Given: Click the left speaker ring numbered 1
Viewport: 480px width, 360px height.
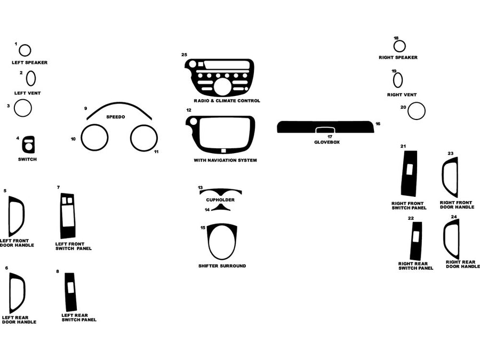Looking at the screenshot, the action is tap(25, 50).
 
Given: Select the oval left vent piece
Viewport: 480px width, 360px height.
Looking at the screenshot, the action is tap(31, 78).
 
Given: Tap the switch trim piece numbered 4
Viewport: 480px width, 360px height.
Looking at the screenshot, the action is tap(28, 144).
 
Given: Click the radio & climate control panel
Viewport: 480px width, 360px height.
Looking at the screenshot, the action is tap(220, 78).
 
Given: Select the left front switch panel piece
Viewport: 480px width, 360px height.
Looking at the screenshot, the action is tap(68, 215).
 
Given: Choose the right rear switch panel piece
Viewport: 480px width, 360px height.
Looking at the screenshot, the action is tap(416, 241).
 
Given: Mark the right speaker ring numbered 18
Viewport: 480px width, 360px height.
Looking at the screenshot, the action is tap(399, 46).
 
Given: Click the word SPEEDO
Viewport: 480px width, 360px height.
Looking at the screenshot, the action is tap(116, 117).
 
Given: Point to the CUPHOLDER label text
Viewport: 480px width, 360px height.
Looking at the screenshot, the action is tap(220, 200).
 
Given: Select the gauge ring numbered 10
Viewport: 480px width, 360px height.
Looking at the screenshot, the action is tap(95, 137).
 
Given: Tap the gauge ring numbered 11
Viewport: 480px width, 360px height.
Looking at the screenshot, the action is tap(144, 138).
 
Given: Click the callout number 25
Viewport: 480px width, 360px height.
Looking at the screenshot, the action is tap(184, 54).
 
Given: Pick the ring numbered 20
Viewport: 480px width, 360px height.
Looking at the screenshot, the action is tap(416, 111).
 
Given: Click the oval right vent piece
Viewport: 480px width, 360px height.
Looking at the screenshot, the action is tap(398, 80).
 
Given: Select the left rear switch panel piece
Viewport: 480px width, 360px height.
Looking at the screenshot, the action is tap(70, 292).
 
